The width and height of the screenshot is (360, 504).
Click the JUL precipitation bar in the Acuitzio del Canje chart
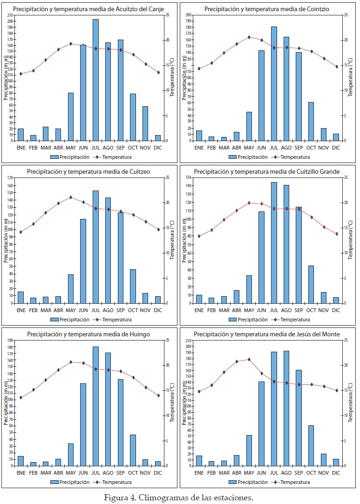(x=95, y=80)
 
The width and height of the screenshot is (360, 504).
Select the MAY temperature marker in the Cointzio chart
(x=249, y=37)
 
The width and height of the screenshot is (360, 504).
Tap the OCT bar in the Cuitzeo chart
(x=133, y=286)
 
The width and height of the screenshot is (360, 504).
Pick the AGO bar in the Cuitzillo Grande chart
(x=286, y=244)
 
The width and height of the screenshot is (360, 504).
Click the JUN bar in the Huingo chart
(x=83, y=424)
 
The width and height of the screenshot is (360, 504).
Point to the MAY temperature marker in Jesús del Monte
(x=249, y=359)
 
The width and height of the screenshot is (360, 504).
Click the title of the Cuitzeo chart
(x=88, y=171)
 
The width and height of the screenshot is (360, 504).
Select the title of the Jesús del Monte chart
(x=267, y=334)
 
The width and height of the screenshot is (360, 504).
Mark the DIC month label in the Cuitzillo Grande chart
(x=336, y=310)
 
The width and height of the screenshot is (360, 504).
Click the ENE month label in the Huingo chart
(x=20, y=472)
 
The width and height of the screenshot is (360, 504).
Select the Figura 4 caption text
(x=179, y=497)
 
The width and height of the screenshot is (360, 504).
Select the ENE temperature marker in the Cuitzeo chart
(x=20, y=232)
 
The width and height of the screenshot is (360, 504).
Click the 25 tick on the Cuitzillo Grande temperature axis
(x=345, y=177)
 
